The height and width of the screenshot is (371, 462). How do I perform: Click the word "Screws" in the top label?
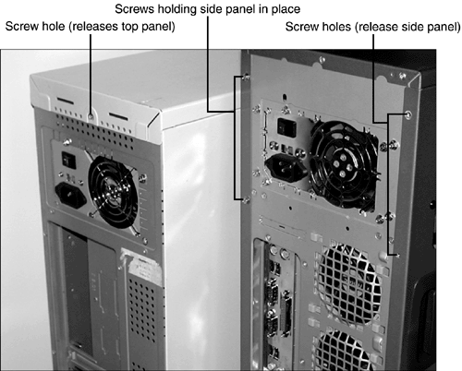point(135,9)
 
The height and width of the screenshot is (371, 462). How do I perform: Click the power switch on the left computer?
point(68,160)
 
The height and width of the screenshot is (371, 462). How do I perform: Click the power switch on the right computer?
point(286,127)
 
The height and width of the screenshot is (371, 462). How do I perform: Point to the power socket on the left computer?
point(70,195)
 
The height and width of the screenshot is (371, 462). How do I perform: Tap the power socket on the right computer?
point(286,167)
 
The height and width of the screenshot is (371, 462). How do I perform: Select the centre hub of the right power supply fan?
point(342,166)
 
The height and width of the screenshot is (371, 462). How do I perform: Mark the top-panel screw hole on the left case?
point(91,117)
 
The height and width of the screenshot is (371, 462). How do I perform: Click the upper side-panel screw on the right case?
point(246,78)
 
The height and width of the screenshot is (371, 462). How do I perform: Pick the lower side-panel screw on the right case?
point(246,200)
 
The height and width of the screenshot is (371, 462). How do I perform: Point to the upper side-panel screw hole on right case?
point(408,114)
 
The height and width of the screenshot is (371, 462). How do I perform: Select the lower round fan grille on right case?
point(347,351)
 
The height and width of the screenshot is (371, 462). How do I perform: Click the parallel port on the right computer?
point(286,312)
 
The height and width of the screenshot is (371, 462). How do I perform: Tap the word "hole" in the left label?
point(54,27)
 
